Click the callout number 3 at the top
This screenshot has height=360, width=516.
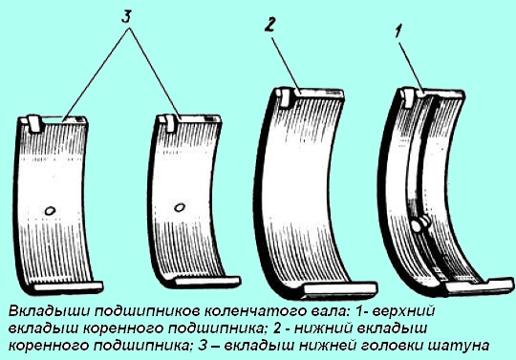[x=126, y=17]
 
